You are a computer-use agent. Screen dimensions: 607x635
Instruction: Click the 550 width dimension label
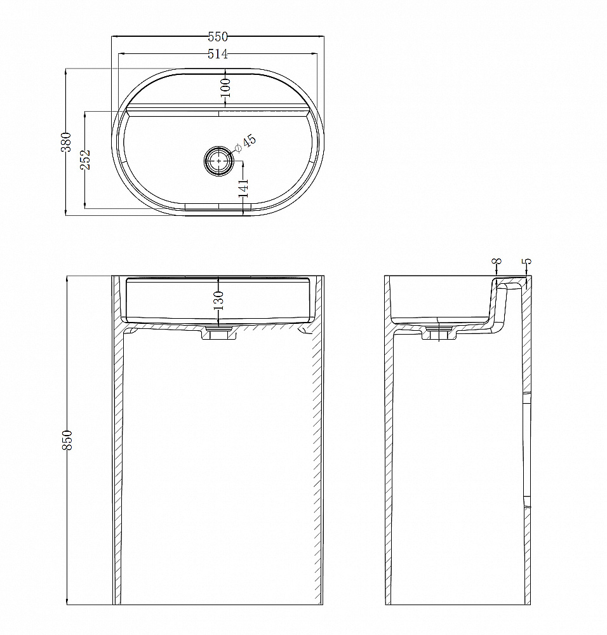click(218, 37)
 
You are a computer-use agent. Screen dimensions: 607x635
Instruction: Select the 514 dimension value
click(218, 54)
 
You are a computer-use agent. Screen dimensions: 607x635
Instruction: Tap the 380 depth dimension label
click(66, 142)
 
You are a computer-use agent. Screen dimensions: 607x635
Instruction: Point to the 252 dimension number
click(85, 159)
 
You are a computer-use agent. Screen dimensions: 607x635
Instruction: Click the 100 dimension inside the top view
click(225, 88)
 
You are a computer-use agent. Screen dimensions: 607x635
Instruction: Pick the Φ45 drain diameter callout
click(246, 144)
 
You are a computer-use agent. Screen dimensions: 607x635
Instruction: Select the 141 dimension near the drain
click(244, 188)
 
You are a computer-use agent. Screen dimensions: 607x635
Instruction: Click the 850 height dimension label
click(67, 440)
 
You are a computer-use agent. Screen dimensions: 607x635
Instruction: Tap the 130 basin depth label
click(218, 300)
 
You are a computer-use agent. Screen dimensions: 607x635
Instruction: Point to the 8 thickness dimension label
click(498, 261)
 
